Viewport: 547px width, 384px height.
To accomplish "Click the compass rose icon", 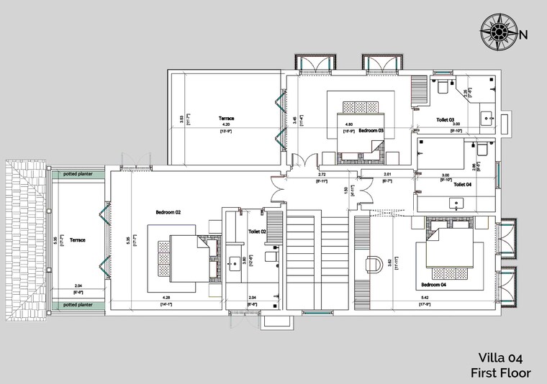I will (x=497, y=34).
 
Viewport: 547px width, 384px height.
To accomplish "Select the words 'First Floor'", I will (x=500, y=372).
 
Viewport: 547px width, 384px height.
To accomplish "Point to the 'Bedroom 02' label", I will (x=168, y=212).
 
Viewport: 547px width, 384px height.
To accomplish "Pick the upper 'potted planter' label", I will (x=77, y=175).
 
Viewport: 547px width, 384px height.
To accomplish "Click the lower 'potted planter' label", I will (x=77, y=304).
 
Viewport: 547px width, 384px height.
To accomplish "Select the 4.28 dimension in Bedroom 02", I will (x=166, y=298).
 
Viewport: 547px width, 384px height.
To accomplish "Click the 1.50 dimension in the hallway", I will (x=345, y=190).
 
